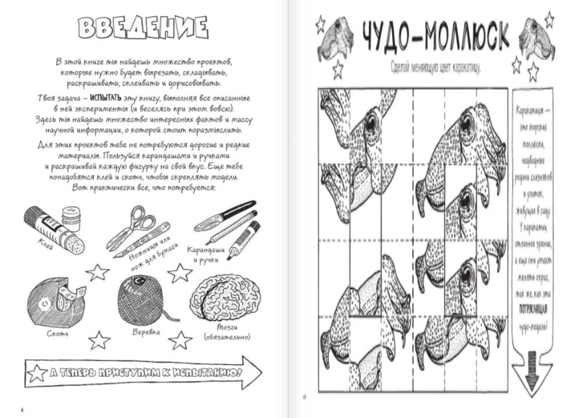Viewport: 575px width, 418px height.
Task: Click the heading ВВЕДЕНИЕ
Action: [x=142, y=28]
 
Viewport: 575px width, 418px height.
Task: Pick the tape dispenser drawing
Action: [x=54, y=299]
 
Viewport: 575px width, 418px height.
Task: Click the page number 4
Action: [x=22, y=409]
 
